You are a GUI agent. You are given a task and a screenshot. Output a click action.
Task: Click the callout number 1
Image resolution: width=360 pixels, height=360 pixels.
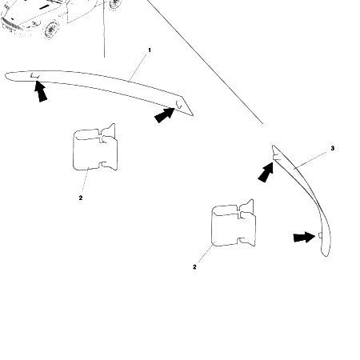pyautogui.click(x=150, y=50)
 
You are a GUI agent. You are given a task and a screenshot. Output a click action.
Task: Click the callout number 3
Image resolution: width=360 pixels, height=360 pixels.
pyautogui.click(x=332, y=150)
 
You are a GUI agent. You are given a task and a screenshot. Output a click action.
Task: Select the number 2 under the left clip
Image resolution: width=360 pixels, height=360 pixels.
pyautogui.click(x=80, y=198)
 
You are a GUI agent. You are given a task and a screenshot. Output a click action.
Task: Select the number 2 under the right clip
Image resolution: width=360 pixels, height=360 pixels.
pyautogui.click(x=194, y=267)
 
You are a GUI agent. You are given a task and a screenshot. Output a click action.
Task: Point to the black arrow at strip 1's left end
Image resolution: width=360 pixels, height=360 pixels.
pyautogui.click(x=39, y=93)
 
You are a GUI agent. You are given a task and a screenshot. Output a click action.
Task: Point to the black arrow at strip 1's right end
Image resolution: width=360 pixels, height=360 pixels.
pyautogui.click(x=164, y=115)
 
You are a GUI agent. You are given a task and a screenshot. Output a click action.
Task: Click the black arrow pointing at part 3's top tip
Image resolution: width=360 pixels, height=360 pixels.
pyautogui.click(x=265, y=171)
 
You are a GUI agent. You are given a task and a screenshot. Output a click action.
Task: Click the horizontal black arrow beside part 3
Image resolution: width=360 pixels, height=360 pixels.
pyautogui.click(x=303, y=237)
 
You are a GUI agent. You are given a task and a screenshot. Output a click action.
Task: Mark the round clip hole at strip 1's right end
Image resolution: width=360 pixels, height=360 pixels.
pyautogui.click(x=180, y=106)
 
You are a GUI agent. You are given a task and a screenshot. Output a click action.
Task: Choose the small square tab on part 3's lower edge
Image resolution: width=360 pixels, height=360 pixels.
pyautogui.click(x=320, y=234)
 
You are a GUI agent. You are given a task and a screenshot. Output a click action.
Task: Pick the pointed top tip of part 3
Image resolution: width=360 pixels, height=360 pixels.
pyautogui.click(x=274, y=147)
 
